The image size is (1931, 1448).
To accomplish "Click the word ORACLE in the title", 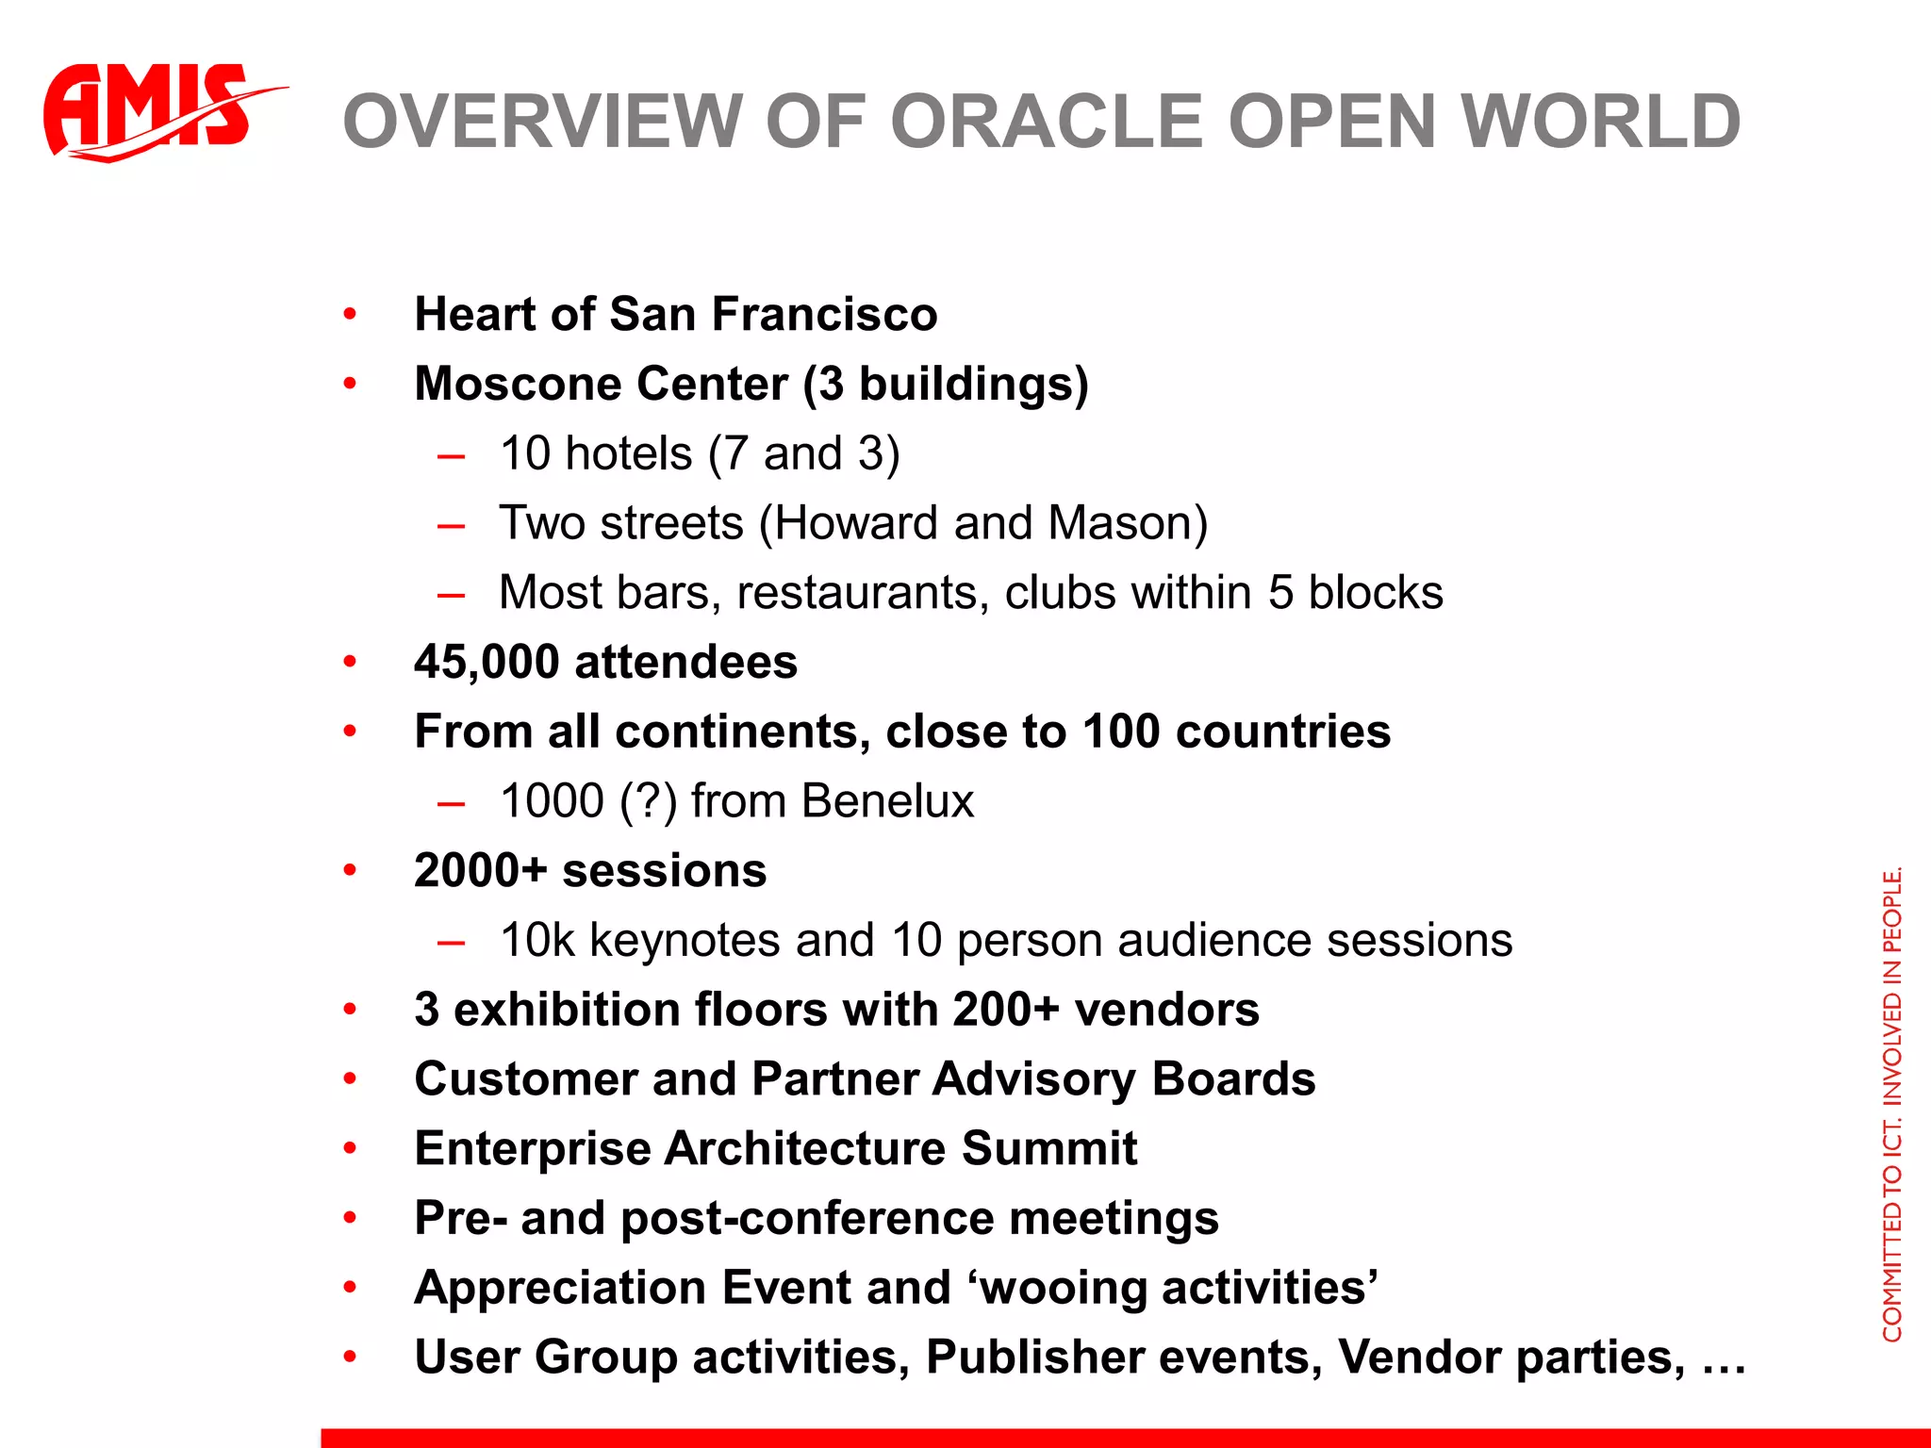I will coord(1047,123).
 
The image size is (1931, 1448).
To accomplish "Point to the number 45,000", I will coord(487,662).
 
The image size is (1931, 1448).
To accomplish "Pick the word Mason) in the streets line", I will coord(1128,523).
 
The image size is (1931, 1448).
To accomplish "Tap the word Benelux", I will coord(887,801).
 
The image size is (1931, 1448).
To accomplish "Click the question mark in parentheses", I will coord(649,801).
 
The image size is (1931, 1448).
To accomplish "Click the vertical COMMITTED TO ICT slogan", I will coord(1891,1103).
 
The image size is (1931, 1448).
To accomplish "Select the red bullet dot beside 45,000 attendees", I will coord(350,662).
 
